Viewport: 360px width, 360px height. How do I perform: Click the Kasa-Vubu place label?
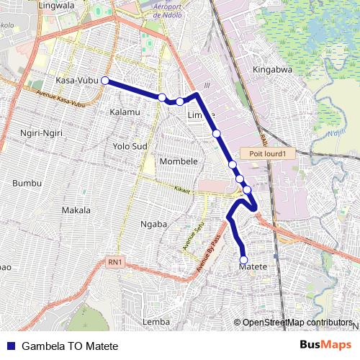77,81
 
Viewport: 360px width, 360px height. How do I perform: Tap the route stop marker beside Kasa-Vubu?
105,81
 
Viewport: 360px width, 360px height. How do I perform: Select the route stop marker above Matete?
243,260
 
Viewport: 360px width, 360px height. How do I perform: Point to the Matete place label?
253,267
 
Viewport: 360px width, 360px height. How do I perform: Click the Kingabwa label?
271,70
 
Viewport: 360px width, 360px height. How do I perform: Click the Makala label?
76,210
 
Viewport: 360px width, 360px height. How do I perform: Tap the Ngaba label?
153,224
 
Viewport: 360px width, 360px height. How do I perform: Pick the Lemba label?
156,321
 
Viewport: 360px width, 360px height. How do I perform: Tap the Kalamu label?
125,112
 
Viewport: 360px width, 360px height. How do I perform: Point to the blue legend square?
12,346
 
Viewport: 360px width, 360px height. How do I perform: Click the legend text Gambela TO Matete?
70,346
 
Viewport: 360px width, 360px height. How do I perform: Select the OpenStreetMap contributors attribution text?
297,323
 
